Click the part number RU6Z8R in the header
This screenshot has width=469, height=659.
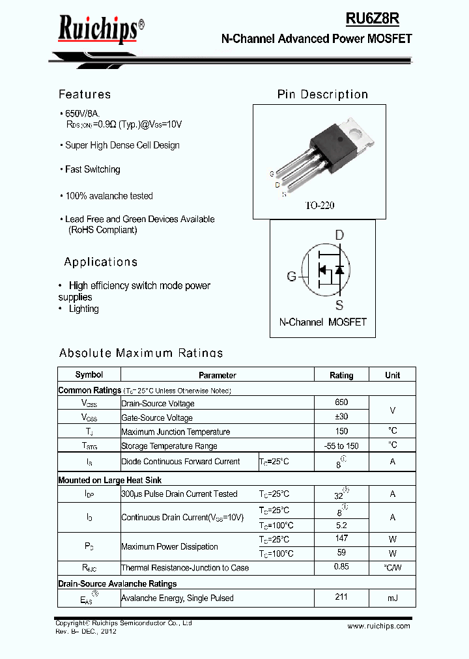378,20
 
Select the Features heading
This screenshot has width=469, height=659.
85,94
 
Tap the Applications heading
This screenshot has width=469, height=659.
101,262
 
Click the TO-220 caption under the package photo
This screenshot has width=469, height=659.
320,205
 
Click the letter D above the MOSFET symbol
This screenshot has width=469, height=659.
339,235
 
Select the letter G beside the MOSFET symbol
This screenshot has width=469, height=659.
292,276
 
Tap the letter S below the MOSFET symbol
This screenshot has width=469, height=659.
339,305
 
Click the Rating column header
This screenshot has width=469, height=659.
341,375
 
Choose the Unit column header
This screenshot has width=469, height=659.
393,375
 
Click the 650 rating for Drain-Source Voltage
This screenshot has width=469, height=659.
341,403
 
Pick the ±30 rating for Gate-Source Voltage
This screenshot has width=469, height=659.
341,417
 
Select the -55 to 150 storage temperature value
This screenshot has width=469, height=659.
341,446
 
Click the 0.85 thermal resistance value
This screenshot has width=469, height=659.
341,567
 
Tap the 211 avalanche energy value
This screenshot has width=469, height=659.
341,597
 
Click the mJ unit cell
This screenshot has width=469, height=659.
393,598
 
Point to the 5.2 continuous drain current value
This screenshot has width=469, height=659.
341,525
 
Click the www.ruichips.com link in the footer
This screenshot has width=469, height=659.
378,626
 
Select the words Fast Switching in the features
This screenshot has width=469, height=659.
92,169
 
